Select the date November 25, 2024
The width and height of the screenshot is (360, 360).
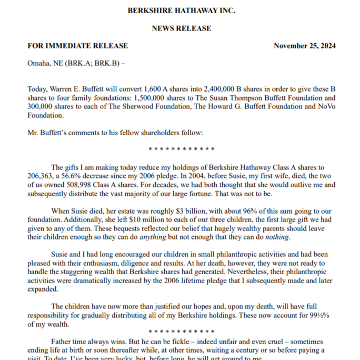[305, 46]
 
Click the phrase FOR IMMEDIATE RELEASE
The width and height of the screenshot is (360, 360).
[77, 46]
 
